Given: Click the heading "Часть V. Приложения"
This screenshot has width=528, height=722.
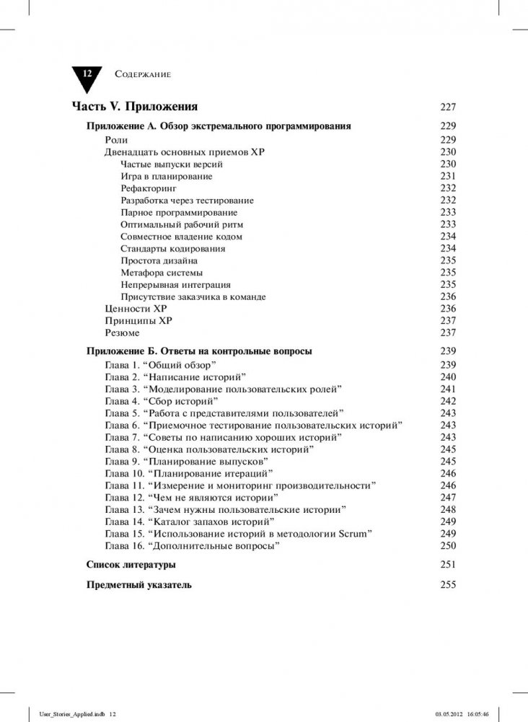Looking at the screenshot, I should coord(134,107).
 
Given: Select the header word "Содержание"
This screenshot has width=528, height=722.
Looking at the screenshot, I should coord(142,74).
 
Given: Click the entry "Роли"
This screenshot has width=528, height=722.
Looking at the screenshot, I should coord(116,139).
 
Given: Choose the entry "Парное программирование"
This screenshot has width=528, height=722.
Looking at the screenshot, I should coord(179,212).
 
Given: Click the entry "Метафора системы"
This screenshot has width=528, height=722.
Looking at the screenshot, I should coord(162,273).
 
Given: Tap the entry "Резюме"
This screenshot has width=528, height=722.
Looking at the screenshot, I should coord(123,333).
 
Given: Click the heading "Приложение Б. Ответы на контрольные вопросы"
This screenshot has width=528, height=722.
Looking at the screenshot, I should coord(198,351).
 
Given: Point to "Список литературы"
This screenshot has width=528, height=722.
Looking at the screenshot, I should coord(131,564).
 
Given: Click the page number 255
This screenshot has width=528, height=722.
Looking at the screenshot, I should coord(448,584).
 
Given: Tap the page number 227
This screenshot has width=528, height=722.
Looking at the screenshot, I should coord(448,107).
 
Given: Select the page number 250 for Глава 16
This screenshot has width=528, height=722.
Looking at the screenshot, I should coord(448,546).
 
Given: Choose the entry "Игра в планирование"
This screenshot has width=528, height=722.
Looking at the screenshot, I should coord(167,176).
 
